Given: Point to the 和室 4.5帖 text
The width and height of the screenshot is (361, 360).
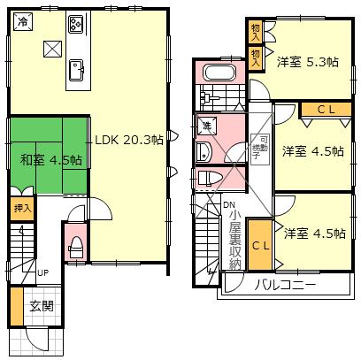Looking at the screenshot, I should pyautogui.click(x=52, y=160).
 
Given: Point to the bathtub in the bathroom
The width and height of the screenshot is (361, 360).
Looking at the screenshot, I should pyautogui.click(x=218, y=74).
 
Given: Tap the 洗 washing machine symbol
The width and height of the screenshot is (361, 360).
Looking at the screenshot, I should pyautogui.click(x=207, y=125).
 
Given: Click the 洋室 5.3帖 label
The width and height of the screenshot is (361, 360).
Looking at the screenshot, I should pyautogui.click(x=306, y=62).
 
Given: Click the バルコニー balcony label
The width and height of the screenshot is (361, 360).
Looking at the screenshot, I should pyautogui.click(x=286, y=285).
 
